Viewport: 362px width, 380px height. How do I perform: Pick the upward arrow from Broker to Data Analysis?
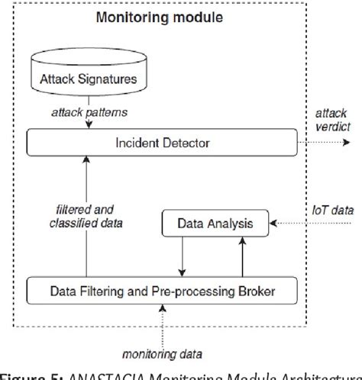[x=241, y=256]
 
